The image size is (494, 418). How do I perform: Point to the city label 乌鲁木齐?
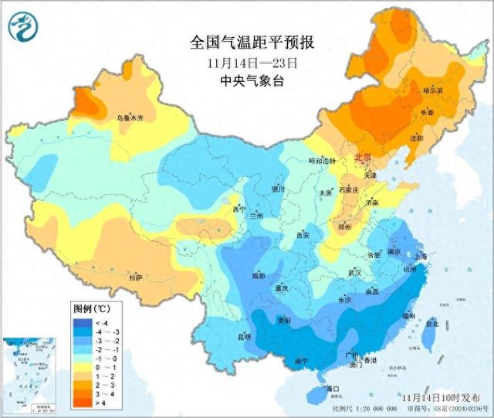point(130,118)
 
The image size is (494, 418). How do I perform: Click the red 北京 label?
point(364,157)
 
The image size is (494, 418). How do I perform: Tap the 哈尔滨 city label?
point(433,90)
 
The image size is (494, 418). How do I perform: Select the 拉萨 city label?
point(136,277)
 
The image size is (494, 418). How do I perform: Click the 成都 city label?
point(257,275)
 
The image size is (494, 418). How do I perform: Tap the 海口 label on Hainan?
point(333,388)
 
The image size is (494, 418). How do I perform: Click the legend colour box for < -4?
point(83,322)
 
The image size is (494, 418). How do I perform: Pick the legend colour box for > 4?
point(83,402)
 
